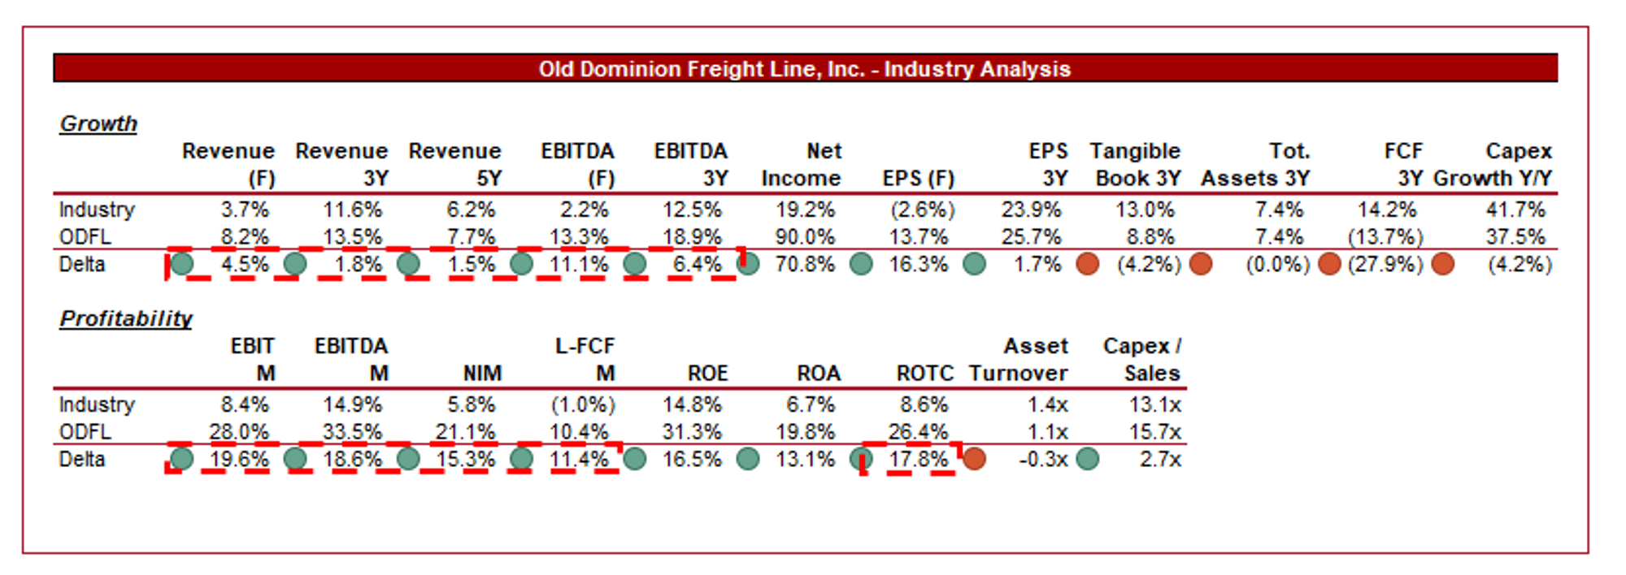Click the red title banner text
point(804,69)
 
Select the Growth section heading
point(98,123)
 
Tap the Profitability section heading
point(126,318)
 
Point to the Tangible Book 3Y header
point(1136,165)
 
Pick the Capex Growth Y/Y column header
point(1493,165)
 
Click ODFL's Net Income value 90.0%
point(805,237)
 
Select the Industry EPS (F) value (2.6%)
point(922,210)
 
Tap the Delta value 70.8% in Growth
point(805,264)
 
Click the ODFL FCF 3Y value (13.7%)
point(1385,237)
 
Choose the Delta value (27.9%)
point(1385,264)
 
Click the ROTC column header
point(925,373)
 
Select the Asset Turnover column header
point(1019,360)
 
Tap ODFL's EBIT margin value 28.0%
point(239,431)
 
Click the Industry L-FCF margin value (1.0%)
point(583,404)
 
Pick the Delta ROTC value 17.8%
point(918,459)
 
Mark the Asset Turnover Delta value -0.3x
point(1043,459)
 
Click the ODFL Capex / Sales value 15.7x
point(1154,431)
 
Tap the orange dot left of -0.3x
point(974,459)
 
